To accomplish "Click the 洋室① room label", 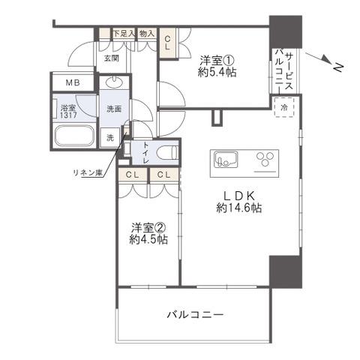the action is (x=217, y=60).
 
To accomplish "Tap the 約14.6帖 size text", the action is (x=239, y=208).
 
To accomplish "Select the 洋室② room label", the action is (x=148, y=228).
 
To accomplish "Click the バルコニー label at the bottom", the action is (x=195, y=314).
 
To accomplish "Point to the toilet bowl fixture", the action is (x=168, y=152).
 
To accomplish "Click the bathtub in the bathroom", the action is (x=74, y=136).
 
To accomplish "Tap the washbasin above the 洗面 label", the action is (x=114, y=82).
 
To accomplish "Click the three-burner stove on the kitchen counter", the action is (x=265, y=159).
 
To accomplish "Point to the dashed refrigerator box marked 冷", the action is (x=283, y=107).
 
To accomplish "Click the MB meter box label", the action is (x=73, y=82).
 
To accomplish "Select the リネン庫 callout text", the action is (x=88, y=173).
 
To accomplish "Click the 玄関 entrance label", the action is (x=112, y=58).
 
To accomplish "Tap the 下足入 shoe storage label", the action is (x=124, y=33).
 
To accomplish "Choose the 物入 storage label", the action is (x=147, y=34).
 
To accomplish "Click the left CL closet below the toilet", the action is (x=133, y=175).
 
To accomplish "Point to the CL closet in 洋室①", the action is (x=167, y=43).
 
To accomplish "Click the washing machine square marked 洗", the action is (x=110, y=137).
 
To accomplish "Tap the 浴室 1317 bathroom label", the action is (x=69, y=112).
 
